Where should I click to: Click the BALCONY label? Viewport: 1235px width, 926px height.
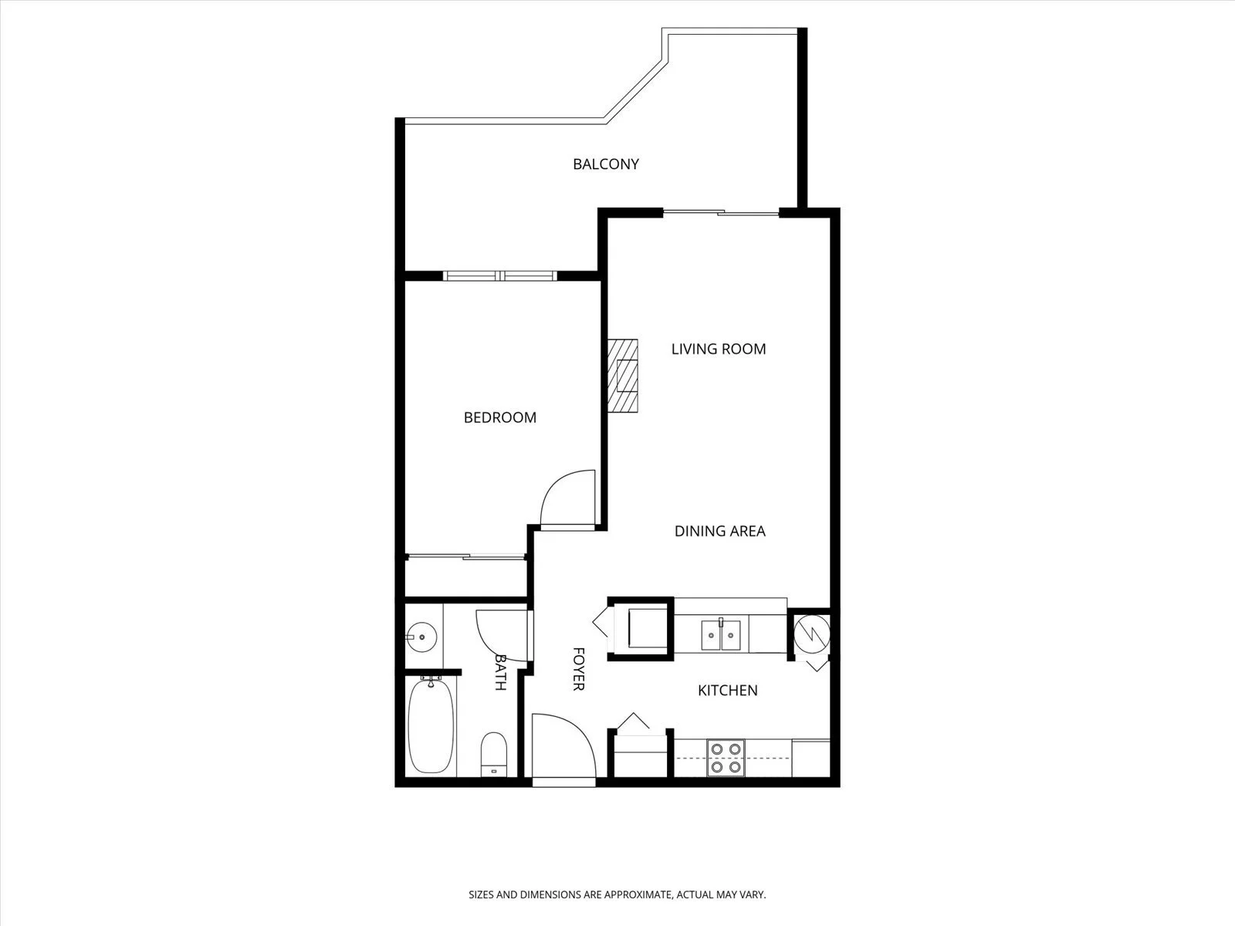tap(605, 164)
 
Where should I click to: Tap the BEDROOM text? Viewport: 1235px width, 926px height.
tap(499, 417)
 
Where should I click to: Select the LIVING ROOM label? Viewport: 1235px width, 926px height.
tap(719, 349)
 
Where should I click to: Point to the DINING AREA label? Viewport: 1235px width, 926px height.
tap(719, 532)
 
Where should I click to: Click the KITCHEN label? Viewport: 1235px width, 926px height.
tap(728, 691)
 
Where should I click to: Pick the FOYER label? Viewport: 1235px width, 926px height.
tap(578, 669)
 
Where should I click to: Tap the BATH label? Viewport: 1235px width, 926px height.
tap(500, 672)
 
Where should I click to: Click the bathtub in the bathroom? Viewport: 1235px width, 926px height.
tap(431, 726)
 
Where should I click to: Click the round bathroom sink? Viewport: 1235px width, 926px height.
tap(421, 637)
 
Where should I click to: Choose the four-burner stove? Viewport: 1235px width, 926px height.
tap(726, 758)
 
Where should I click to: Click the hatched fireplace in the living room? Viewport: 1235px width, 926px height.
tap(623, 376)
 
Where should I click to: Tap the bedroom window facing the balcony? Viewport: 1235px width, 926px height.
tap(499, 275)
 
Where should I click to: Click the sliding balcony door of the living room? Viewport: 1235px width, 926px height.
tap(721, 212)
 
